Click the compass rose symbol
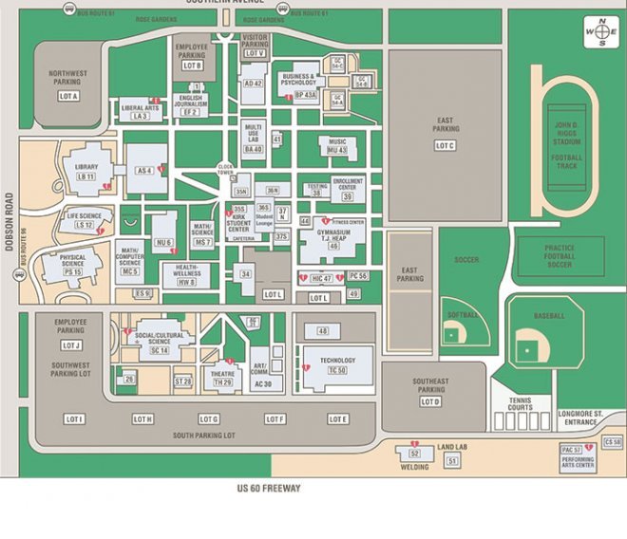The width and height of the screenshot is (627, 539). (600, 30)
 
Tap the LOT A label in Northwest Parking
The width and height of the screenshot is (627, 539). (68, 97)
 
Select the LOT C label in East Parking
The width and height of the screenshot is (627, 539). (445, 145)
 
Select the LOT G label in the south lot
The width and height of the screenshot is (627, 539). (209, 419)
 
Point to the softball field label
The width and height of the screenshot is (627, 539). (462, 314)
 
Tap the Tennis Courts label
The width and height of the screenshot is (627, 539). (520, 404)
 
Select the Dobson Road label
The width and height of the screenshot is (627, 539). (9, 222)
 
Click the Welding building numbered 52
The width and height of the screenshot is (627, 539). (413, 455)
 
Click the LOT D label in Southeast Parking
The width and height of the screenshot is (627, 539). (430, 402)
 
